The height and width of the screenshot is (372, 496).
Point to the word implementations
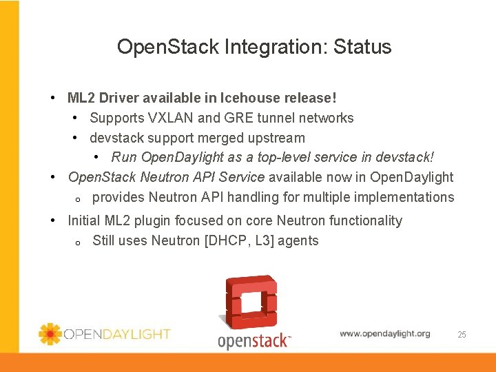pos(404,197)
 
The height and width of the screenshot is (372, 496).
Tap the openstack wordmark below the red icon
pos(254,340)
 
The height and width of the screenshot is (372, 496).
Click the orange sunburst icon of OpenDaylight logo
pos(50,333)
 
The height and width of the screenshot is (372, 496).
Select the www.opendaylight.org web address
pos(384,333)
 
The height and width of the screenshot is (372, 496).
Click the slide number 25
pos(462,335)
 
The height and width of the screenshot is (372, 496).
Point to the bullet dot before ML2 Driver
pos(54,98)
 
